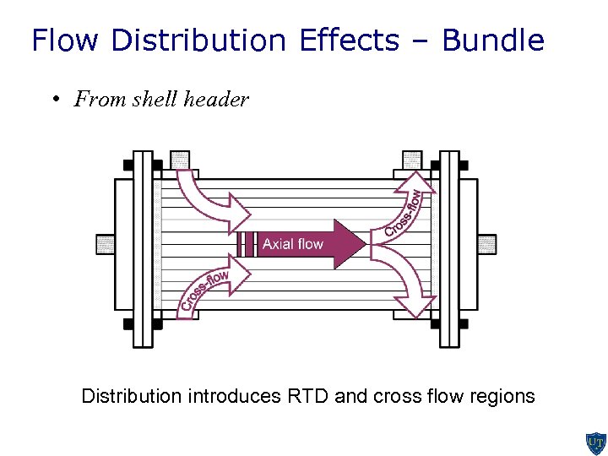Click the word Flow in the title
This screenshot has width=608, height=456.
point(67,41)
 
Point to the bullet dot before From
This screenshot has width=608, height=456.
point(53,100)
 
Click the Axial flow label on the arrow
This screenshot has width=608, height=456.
point(292,244)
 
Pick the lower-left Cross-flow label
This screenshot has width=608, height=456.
point(205,290)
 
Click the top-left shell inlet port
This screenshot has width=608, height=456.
point(180,159)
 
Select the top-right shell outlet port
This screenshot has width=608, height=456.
point(412,159)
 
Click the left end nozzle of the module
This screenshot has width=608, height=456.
point(105,244)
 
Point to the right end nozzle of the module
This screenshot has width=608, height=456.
point(487,244)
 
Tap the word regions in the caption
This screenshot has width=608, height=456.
point(503,396)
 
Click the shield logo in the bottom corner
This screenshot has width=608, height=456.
point(595,442)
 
